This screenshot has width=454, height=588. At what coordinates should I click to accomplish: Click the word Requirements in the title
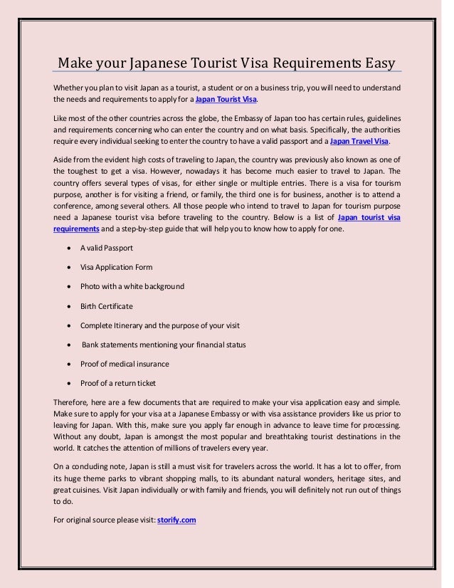click(301, 63)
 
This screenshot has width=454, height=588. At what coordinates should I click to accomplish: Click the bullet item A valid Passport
click(107, 248)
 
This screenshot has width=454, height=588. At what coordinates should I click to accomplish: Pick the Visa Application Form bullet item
click(116, 267)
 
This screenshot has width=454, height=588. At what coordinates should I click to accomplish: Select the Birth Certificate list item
click(107, 306)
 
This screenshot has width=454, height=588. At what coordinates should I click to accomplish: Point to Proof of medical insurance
click(125, 364)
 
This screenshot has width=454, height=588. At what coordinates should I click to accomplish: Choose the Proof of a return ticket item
click(117, 383)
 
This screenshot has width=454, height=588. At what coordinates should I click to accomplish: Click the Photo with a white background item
click(132, 286)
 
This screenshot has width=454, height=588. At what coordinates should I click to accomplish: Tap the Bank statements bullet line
click(164, 345)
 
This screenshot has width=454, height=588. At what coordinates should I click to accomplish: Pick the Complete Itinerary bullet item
click(161, 325)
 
